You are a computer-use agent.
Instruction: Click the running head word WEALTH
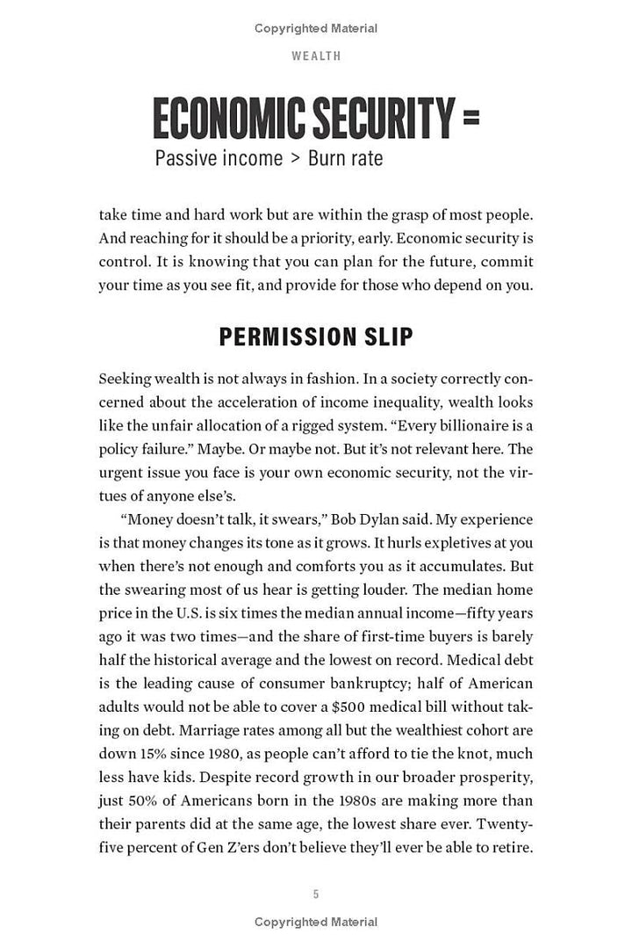click(x=316, y=55)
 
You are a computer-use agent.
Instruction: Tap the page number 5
click(x=316, y=895)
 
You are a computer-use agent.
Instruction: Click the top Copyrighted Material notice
click(x=316, y=28)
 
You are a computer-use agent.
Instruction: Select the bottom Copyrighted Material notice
click(x=316, y=921)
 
